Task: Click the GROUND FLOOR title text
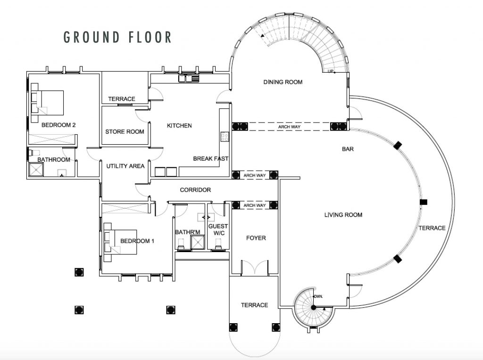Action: point(117,37)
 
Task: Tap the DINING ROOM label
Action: point(283,82)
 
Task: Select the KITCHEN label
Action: point(180,126)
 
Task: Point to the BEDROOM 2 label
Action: point(59,125)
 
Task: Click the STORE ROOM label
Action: point(125,131)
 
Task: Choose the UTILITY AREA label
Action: point(125,166)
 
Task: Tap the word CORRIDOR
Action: point(195,190)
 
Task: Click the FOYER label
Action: point(256,238)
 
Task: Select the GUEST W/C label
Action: point(218,229)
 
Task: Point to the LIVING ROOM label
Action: point(343,215)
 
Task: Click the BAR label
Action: point(348,149)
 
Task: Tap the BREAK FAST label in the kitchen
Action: point(210,159)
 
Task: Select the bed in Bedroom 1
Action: point(121,241)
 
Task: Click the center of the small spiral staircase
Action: point(313,307)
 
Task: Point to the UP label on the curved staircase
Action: point(331,71)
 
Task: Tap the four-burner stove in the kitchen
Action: point(225,137)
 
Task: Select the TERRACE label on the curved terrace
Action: point(432,228)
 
